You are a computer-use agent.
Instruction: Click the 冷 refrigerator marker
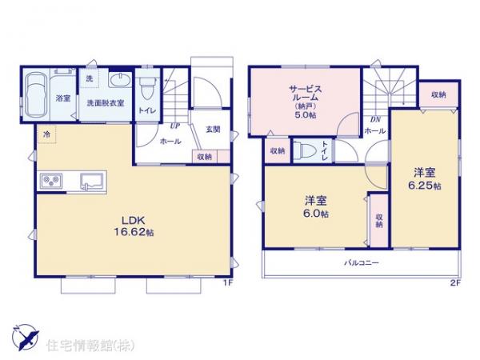(46, 134)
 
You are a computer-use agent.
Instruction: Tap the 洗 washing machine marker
(90, 78)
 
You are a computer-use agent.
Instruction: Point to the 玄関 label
(211, 129)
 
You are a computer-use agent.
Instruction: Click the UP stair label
(173, 126)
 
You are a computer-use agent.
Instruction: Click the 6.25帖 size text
(426, 186)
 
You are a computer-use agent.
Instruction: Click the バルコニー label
(362, 262)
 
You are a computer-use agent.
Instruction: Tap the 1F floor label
(226, 282)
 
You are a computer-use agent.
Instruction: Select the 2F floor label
(455, 282)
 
